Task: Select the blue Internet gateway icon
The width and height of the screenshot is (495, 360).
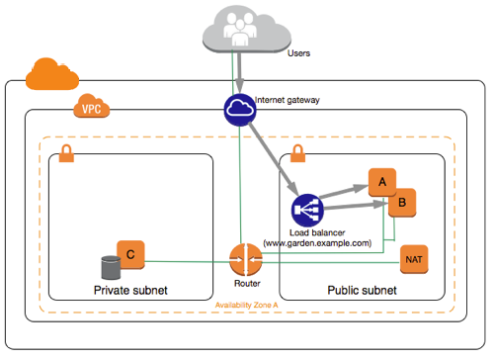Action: (238, 105)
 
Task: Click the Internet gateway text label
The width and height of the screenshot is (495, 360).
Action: (293, 100)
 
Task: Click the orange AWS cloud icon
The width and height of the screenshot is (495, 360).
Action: (43, 74)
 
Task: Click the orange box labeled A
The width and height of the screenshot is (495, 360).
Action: (381, 182)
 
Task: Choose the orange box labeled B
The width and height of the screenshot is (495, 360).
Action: (401, 203)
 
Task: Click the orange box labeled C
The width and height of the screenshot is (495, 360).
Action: (129, 254)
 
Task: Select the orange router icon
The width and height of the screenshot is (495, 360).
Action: (243, 260)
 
